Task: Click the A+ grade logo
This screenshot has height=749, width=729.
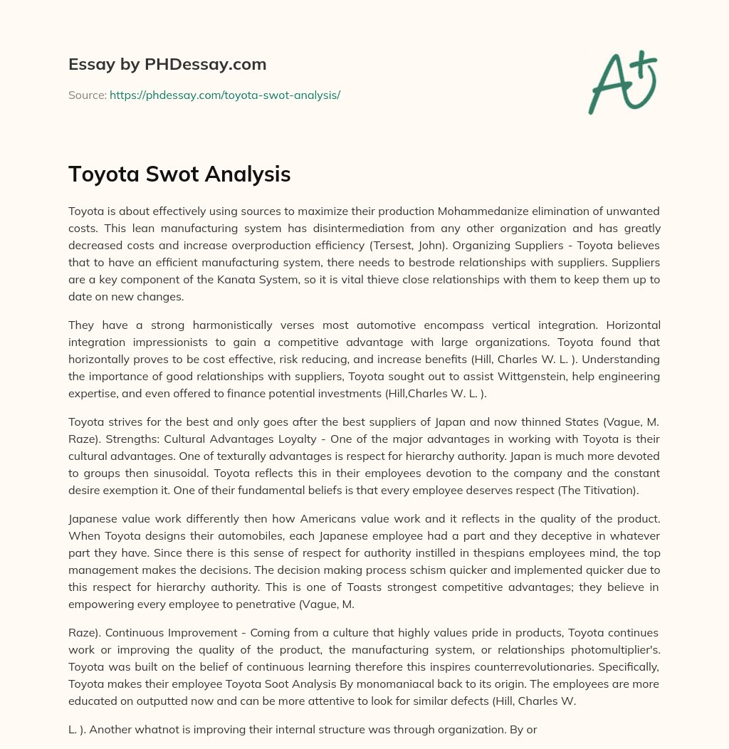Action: tap(622, 82)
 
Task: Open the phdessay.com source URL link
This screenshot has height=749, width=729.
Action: tap(225, 95)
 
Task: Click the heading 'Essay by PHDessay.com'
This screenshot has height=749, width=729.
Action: tap(167, 64)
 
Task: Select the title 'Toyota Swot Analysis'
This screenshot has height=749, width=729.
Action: tap(179, 174)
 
